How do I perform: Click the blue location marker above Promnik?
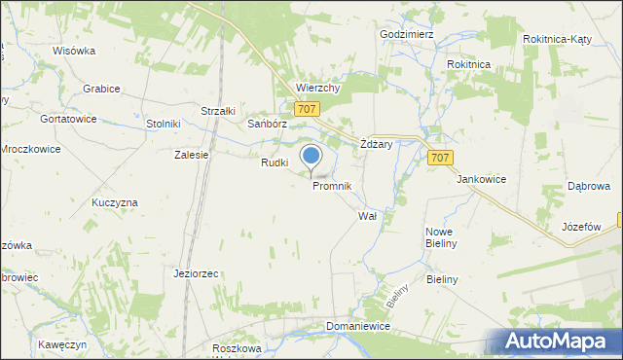point(311,157)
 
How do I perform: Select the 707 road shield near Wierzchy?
point(306,109)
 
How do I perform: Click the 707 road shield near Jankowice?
point(439,158)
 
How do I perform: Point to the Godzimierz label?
point(407,33)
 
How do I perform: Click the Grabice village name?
point(101,89)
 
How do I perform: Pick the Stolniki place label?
point(164,124)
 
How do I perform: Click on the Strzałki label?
point(218,111)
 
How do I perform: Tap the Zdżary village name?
point(376,143)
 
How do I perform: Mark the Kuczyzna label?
point(115,201)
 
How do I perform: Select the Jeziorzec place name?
point(196,273)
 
